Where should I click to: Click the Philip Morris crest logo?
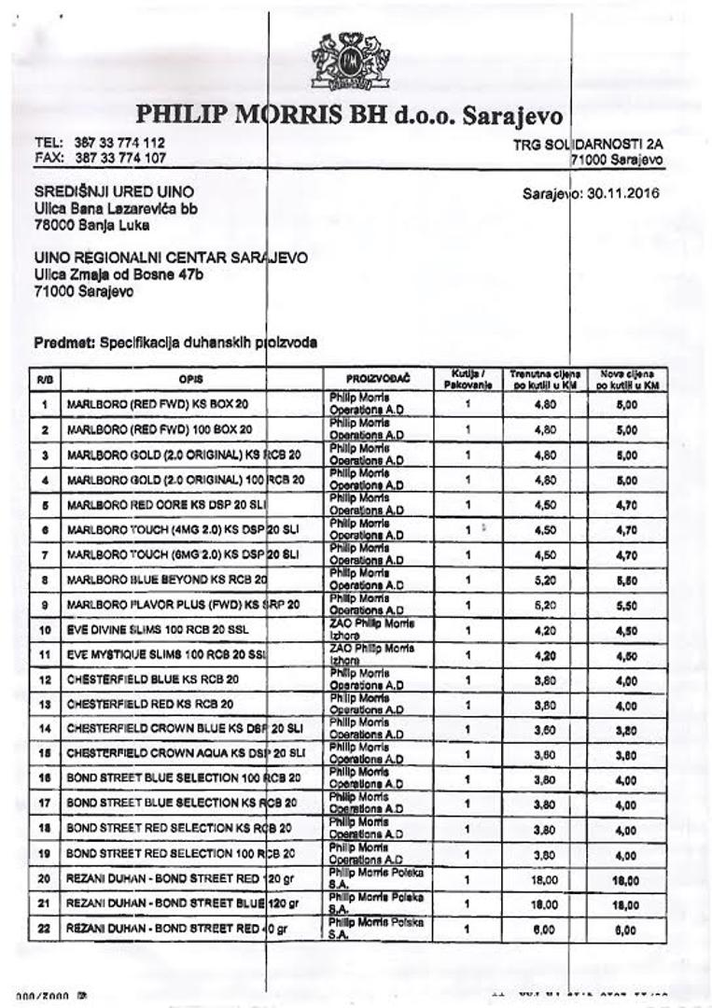tap(351, 62)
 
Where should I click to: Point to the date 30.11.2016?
tap(621, 194)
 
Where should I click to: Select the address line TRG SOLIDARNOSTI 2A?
tap(588, 146)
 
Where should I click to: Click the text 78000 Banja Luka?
tap(91, 225)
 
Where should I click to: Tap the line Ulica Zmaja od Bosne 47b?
tap(119, 274)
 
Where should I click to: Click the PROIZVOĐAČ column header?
tap(377, 380)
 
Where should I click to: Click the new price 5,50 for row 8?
tap(626, 580)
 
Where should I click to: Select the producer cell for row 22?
tap(376, 929)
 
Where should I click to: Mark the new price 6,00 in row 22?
tap(626, 930)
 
